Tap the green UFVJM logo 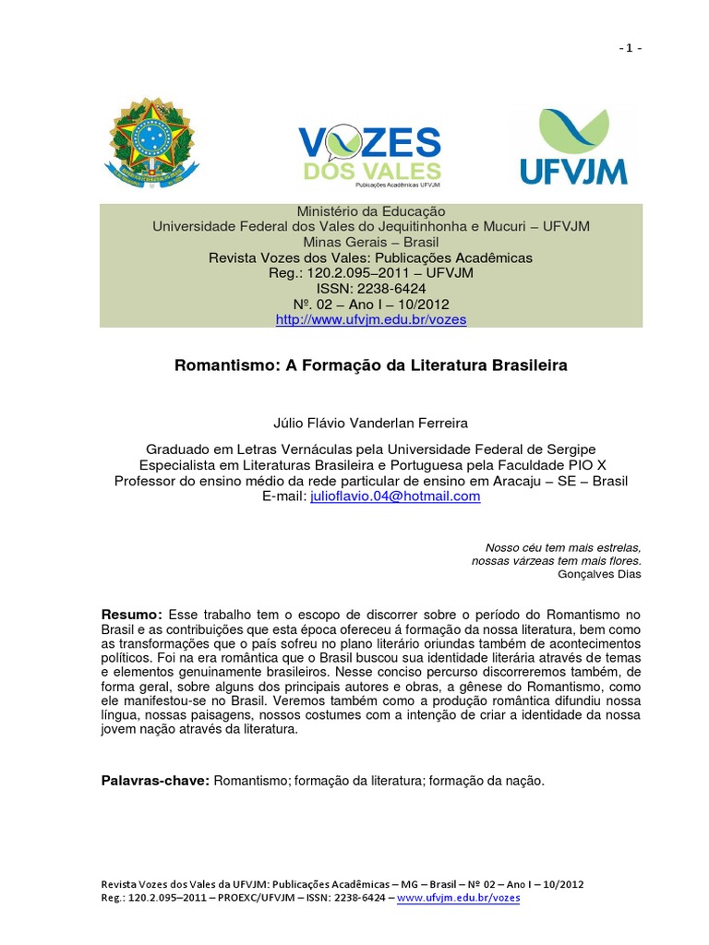pos(573,147)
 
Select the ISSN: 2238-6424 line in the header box pos(371,288)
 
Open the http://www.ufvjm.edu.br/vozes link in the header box pos(371,319)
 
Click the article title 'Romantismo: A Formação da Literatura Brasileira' pos(371,365)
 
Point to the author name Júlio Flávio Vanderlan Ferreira pos(371,423)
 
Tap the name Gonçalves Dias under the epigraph pos(599,573)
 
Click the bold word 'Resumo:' pos(132,615)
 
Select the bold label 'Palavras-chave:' pos(156,781)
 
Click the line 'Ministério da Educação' pos(371,211)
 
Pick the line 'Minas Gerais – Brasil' pos(371,242)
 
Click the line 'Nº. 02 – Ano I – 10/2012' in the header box pos(371,304)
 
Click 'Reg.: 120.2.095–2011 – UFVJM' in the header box pos(371,273)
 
